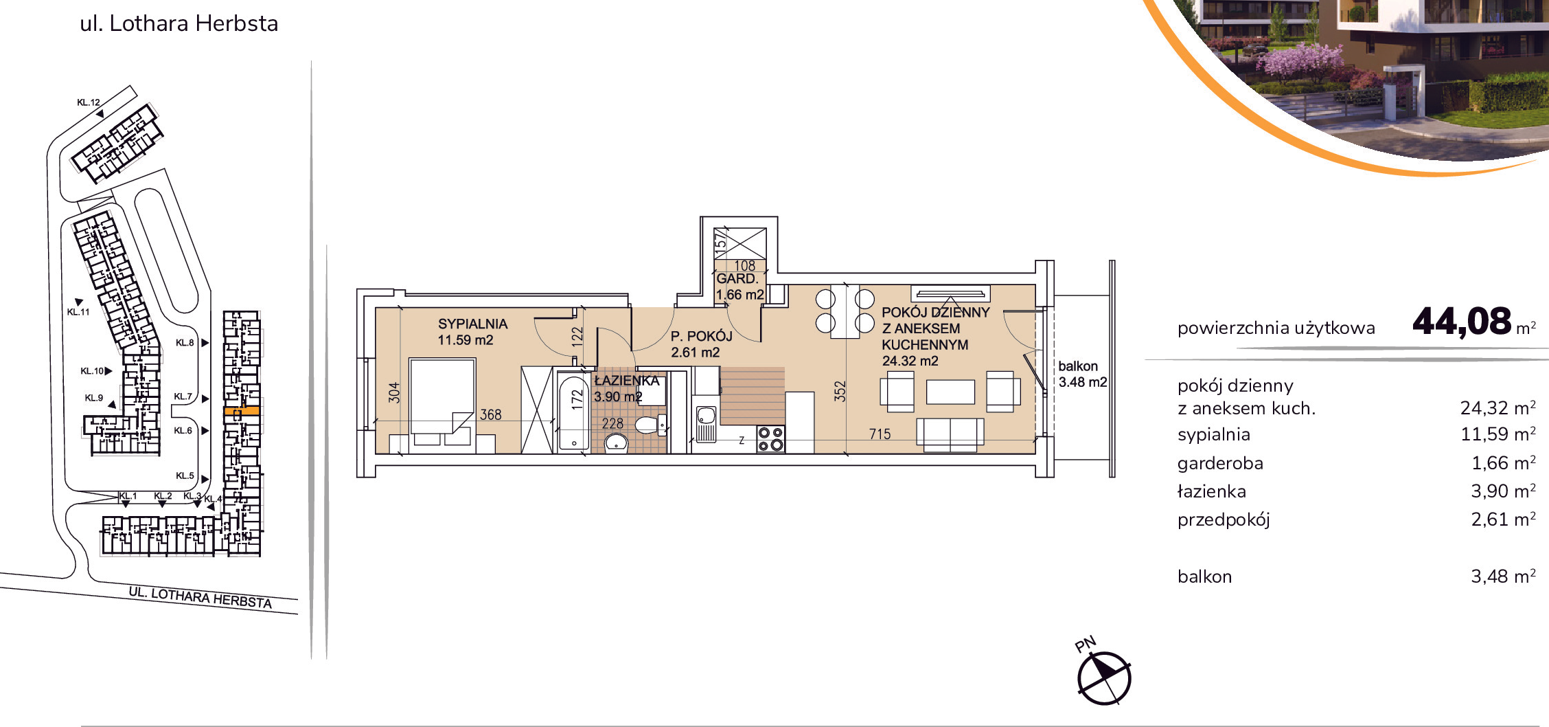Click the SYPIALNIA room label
(x=472, y=324)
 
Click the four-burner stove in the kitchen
(x=771, y=439)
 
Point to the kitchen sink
(x=706, y=423)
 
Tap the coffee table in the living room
(x=950, y=392)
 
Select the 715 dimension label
(x=880, y=434)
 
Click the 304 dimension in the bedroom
(x=394, y=392)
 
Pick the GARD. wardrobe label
(x=737, y=278)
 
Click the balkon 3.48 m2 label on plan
(x=1082, y=374)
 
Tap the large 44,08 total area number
(x=1462, y=321)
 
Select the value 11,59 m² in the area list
(x=1498, y=434)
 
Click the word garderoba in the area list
(x=1220, y=464)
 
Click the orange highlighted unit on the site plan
(x=242, y=411)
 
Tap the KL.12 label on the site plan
(x=89, y=102)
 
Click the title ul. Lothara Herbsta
(x=179, y=23)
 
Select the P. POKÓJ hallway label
(x=701, y=336)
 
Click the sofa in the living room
(x=950, y=435)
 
